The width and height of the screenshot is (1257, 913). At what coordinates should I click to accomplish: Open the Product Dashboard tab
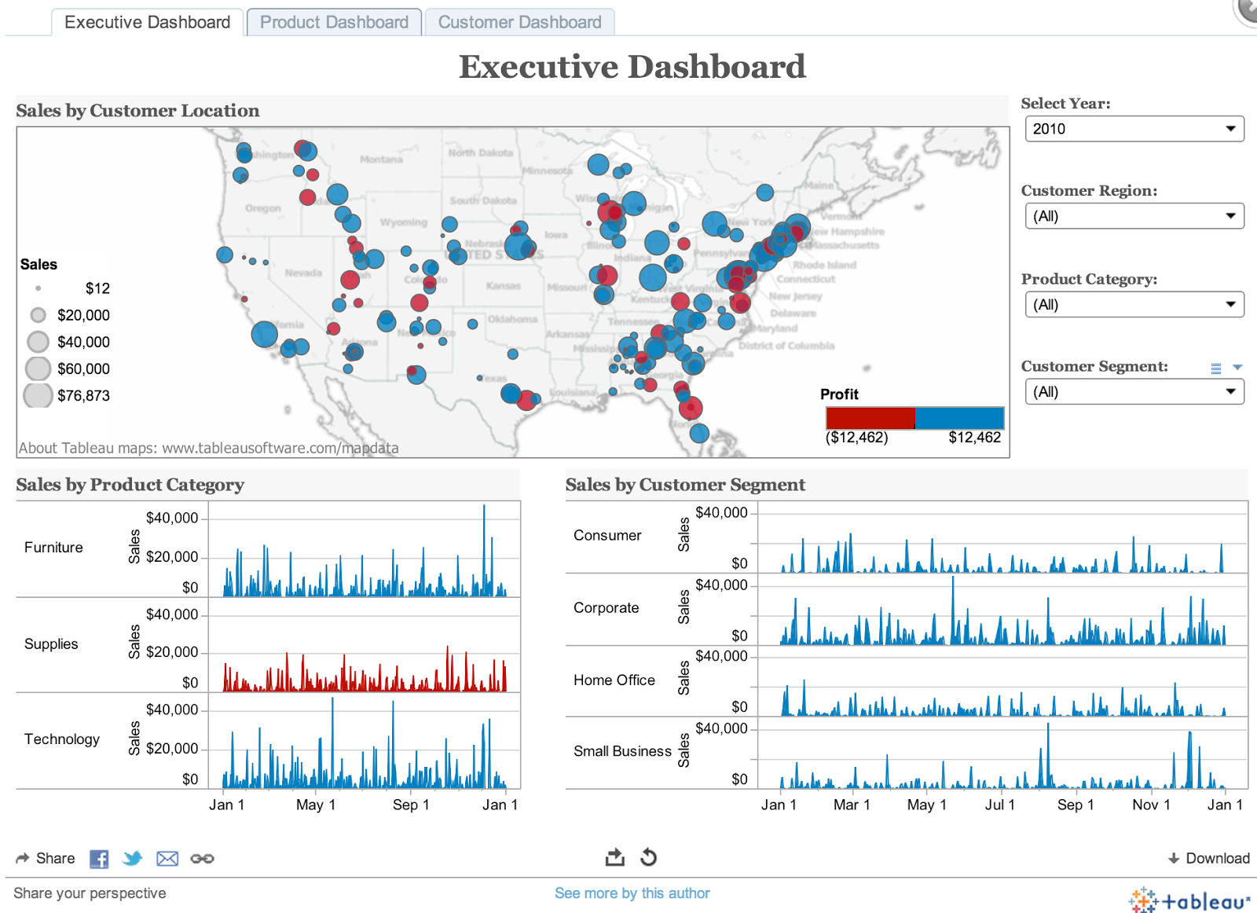[334, 22]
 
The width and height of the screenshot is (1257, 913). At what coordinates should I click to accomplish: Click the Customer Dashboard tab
[519, 22]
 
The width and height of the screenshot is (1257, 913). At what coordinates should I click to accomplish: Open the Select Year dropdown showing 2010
[1134, 129]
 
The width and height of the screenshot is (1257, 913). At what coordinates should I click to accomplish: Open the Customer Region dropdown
[1134, 216]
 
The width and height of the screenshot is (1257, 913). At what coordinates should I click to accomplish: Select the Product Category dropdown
[1134, 305]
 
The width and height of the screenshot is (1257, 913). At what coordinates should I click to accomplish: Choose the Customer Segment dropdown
[1134, 392]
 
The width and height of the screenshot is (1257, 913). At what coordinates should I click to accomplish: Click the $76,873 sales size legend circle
[38, 395]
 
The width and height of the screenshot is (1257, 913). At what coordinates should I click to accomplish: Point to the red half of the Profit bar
[870, 418]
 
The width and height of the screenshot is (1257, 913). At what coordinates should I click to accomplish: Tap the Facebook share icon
[99, 859]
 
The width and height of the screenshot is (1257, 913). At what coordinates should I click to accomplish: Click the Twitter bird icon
[133, 859]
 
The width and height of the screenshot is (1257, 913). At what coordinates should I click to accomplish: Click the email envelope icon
[167, 859]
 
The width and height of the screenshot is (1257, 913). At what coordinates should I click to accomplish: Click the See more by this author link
[632, 893]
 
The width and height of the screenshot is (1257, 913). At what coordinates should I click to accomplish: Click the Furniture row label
[53, 548]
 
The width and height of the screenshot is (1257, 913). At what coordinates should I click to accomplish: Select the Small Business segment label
[622, 751]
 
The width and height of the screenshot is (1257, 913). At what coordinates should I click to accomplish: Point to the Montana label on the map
[381, 159]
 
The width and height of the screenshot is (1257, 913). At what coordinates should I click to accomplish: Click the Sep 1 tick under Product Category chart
[411, 805]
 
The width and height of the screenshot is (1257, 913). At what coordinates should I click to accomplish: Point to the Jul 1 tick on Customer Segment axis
[999, 805]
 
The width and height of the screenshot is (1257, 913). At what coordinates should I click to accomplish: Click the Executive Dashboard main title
[632, 67]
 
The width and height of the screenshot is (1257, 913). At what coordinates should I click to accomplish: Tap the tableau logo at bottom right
[1189, 900]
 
